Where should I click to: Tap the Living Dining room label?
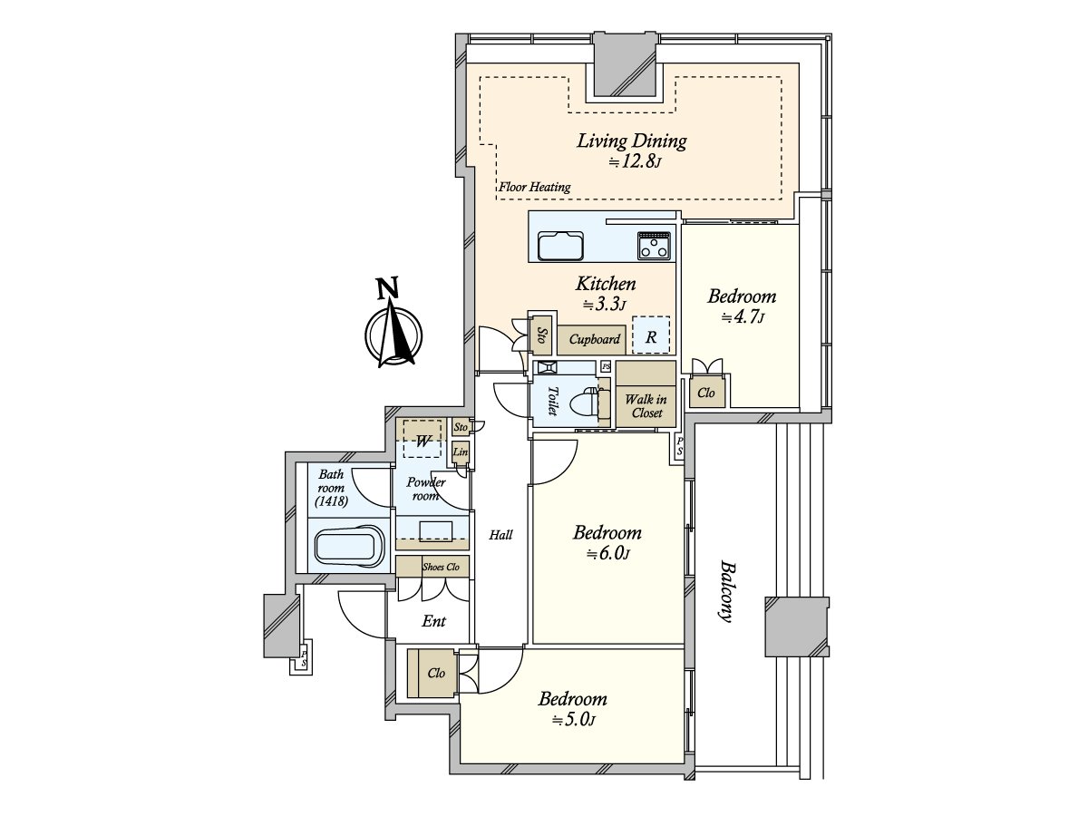click(x=631, y=141)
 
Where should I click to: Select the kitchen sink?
click(x=560, y=245)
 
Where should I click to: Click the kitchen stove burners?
click(x=654, y=246)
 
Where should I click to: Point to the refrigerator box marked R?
click(x=651, y=335)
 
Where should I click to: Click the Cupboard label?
click(x=594, y=339)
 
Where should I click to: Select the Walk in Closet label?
click(x=646, y=406)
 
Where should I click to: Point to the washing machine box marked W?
click(x=423, y=439)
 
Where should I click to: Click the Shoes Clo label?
click(x=441, y=567)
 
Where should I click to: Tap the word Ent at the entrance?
click(x=433, y=621)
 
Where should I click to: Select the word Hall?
click(x=500, y=535)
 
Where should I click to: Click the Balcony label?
click(x=726, y=591)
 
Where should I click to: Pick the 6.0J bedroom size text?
click(x=607, y=554)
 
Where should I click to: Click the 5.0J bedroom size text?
click(x=573, y=720)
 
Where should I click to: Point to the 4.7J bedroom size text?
click(x=742, y=317)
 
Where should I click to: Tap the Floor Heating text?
click(x=534, y=188)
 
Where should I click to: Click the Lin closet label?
click(x=461, y=452)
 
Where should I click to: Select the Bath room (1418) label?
click(x=331, y=488)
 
